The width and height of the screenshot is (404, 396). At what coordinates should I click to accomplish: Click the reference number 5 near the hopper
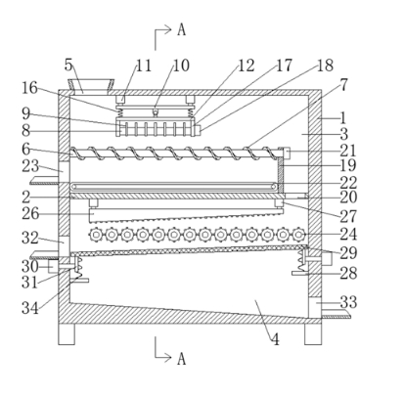click(x=68, y=65)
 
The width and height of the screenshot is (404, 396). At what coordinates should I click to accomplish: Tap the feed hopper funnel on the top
click(x=91, y=86)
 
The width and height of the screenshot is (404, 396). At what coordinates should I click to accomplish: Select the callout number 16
click(x=29, y=88)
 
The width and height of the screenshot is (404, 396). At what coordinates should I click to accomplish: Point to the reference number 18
click(x=325, y=66)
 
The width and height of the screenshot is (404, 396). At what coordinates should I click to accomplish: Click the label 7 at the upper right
click(x=343, y=85)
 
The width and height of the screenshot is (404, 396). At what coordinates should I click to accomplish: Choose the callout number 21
click(x=348, y=151)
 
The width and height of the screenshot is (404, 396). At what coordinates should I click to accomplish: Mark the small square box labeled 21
click(x=286, y=153)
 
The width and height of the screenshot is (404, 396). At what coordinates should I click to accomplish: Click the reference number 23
click(x=30, y=166)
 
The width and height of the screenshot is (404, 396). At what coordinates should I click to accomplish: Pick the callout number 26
click(x=30, y=214)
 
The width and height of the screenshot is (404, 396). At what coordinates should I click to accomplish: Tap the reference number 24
click(x=348, y=234)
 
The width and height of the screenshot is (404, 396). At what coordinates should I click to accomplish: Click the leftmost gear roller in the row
click(x=96, y=234)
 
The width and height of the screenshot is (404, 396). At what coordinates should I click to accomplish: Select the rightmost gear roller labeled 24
click(x=298, y=234)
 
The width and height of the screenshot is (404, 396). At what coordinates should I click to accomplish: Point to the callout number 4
click(x=276, y=339)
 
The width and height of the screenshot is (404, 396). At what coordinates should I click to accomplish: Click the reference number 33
click(x=348, y=302)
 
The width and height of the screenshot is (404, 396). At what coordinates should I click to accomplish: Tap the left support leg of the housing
click(x=67, y=334)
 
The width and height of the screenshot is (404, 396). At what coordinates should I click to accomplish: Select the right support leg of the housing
click(x=313, y=334)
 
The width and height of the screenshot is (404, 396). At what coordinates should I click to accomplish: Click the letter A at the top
click(x=182, y=30)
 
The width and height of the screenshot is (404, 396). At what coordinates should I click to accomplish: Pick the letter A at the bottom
click(x=182, y=359)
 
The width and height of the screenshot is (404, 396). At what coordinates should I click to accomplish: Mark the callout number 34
click(x=30, y=308)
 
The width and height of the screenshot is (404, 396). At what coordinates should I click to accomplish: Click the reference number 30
click(x=30, y=267)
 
